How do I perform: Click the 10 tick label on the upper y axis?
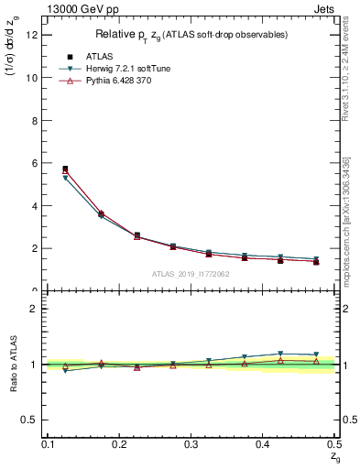[33, 78]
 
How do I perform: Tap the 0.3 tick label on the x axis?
[191, 444]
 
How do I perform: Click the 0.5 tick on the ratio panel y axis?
[33, 420]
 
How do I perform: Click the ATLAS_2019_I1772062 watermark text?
[191, 274]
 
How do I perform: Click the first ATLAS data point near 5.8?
[65, 169]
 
